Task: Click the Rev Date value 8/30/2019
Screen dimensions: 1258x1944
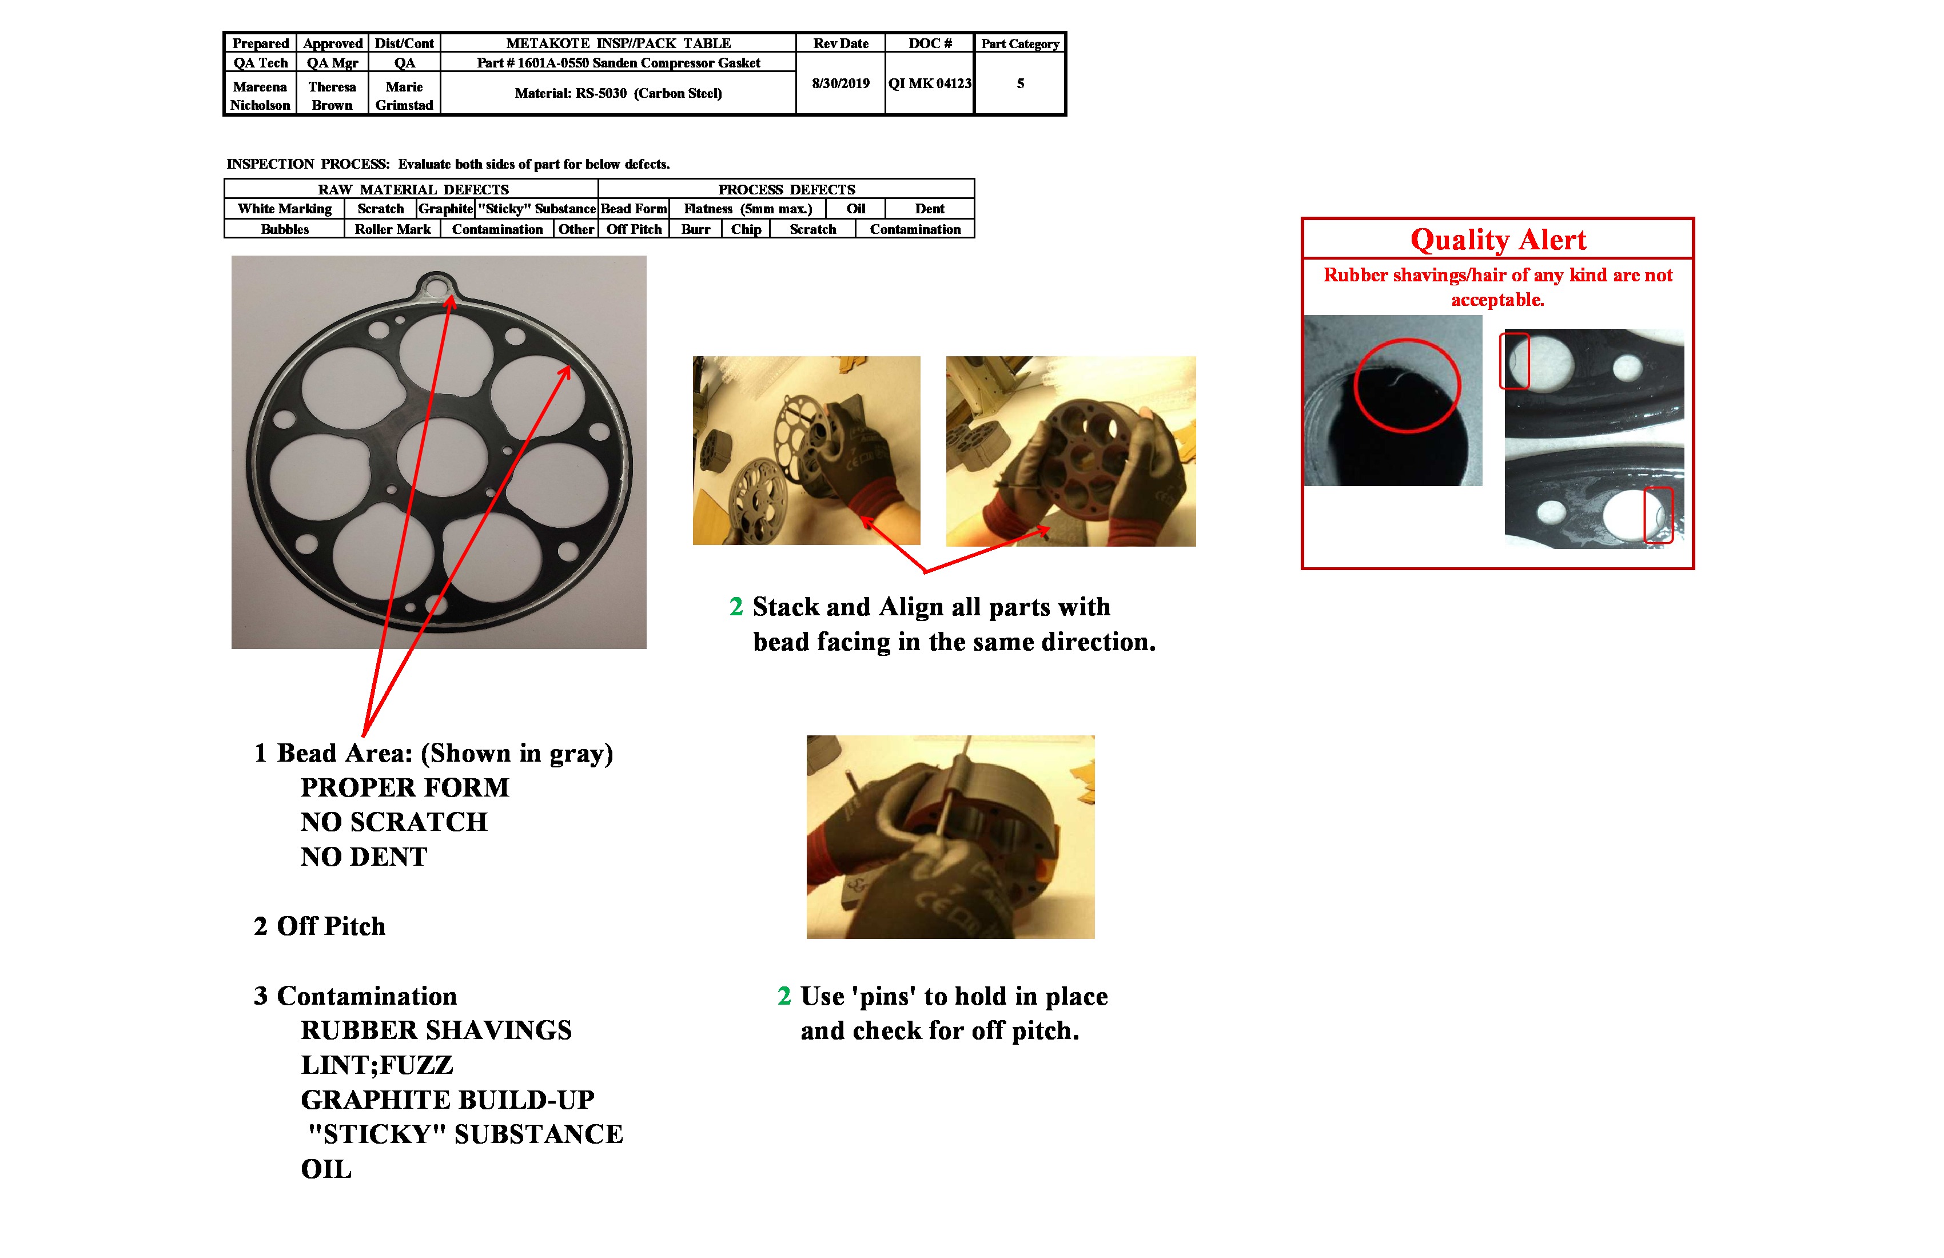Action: (840, 83)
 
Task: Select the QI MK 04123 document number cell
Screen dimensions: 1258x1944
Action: (930, 83)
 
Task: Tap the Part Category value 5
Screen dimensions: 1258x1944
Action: (1020, 83)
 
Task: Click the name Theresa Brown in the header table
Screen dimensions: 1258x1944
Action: (332, 95)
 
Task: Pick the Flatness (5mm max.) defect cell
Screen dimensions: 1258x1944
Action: (747, 209)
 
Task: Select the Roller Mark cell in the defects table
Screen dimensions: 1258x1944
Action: (392, 229)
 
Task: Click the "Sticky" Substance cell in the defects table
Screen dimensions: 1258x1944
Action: (537, 209)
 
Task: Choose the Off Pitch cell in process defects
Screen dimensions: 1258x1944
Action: (634, 229)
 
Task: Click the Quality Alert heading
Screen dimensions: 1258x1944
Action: (1497, 240)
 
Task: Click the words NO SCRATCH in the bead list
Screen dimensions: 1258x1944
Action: (394, 822)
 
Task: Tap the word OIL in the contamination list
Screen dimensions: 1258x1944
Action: (326, 1170)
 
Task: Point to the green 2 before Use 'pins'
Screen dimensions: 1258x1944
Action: (784, 997)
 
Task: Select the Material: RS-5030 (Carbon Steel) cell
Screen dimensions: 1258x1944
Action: (618, 93)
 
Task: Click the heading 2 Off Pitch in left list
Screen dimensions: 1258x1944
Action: (320, 926)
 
